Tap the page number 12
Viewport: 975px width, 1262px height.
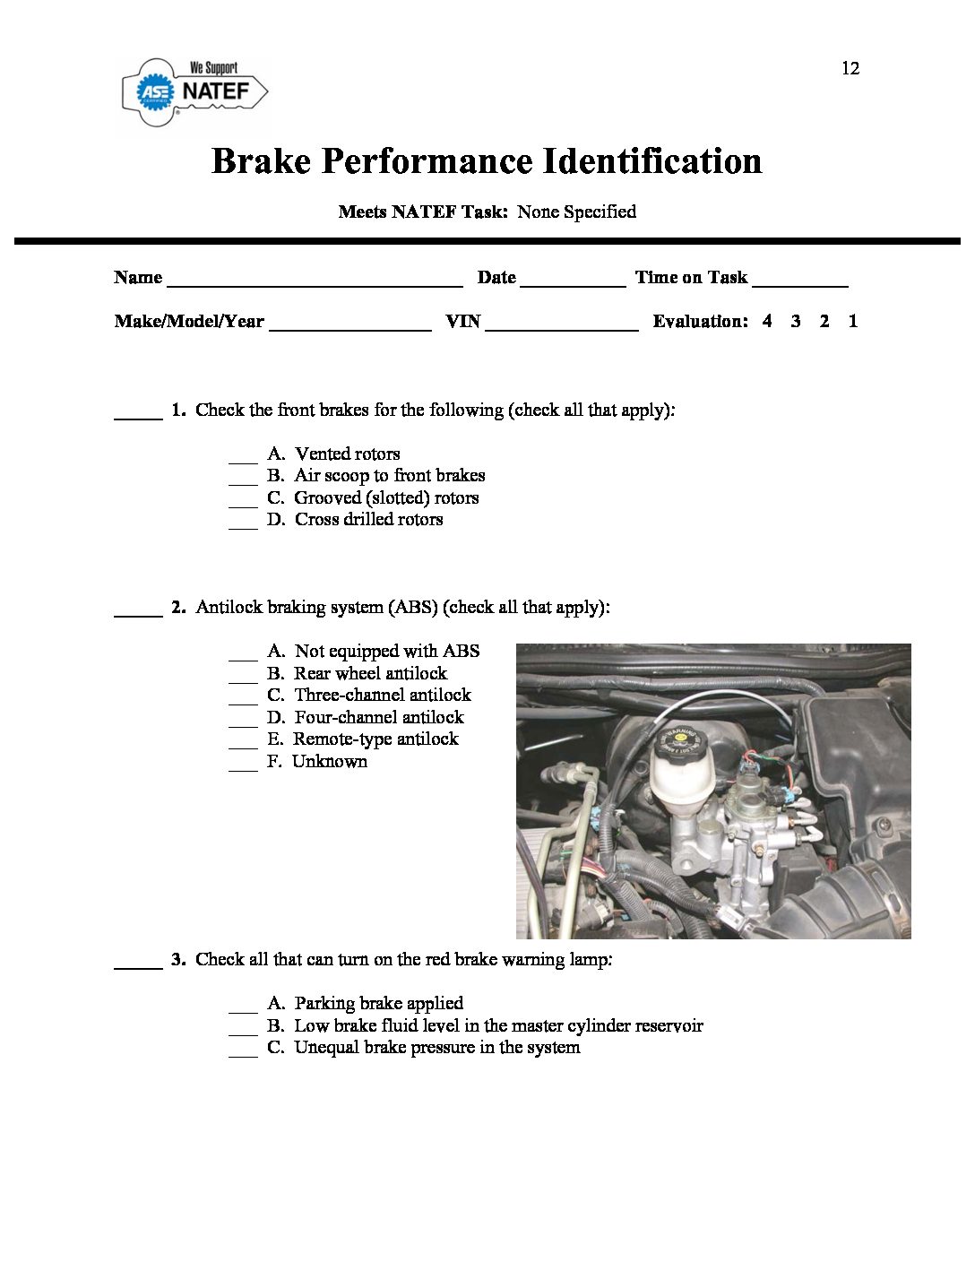(x=850, y=69)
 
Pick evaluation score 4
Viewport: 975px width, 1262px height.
(x=767, y=321)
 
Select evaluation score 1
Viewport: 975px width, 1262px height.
(x=853, y=321)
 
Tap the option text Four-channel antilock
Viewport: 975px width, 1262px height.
(x=378, y=717)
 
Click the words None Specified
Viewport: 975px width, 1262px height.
(x=576, y=212)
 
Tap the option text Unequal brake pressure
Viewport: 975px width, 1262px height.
(x=436, y=1047)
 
